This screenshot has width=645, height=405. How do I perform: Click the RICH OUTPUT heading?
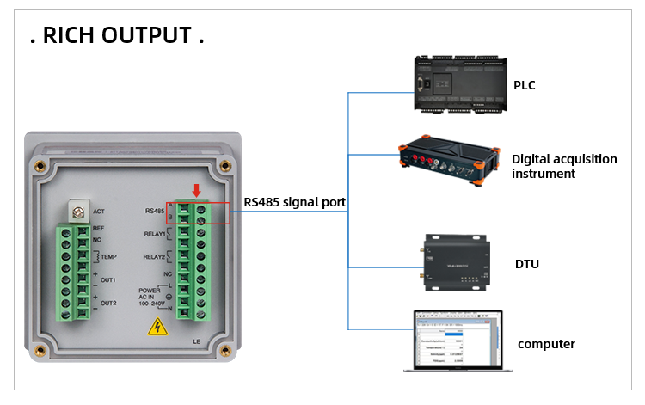point(117,35)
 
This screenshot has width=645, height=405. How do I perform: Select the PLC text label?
point(525,85)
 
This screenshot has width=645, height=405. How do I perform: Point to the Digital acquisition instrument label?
point(564,166)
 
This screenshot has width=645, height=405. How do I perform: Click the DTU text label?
point(526,264)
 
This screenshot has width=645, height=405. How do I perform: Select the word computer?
point(546,344)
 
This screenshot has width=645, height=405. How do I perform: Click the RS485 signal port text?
point(294,203)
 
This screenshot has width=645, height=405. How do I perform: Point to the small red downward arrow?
point(196,189)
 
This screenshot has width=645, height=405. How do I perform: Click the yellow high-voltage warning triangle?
point(157,327)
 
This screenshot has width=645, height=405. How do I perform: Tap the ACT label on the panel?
point(98,211)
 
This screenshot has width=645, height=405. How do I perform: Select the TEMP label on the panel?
point(109,257)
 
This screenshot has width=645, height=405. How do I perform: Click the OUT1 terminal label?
point(107,280)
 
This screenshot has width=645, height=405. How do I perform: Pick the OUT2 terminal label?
point(107,304)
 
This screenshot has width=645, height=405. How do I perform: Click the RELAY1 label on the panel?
point(155,234)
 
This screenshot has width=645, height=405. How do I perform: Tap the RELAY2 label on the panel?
point(155,256)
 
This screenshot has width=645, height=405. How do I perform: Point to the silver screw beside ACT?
point(79,210)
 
